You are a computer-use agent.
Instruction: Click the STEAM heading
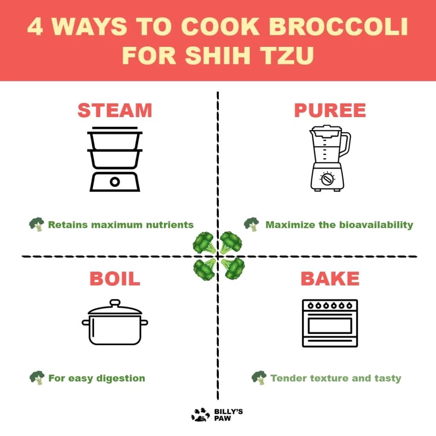tap(115, 110)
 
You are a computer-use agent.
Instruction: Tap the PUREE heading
tap(330, 110)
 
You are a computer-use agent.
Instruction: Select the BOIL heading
tap(115, 279)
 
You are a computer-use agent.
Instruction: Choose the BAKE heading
tap(330, 279)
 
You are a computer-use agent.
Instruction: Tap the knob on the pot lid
tap(115, 303)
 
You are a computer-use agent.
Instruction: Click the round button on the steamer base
tap(115, 182)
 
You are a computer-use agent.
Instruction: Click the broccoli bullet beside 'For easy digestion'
tap(37, 377)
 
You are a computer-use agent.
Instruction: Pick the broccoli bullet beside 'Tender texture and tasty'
tap(259, 377)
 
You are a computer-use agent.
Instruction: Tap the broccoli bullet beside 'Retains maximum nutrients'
tap(37, 224)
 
